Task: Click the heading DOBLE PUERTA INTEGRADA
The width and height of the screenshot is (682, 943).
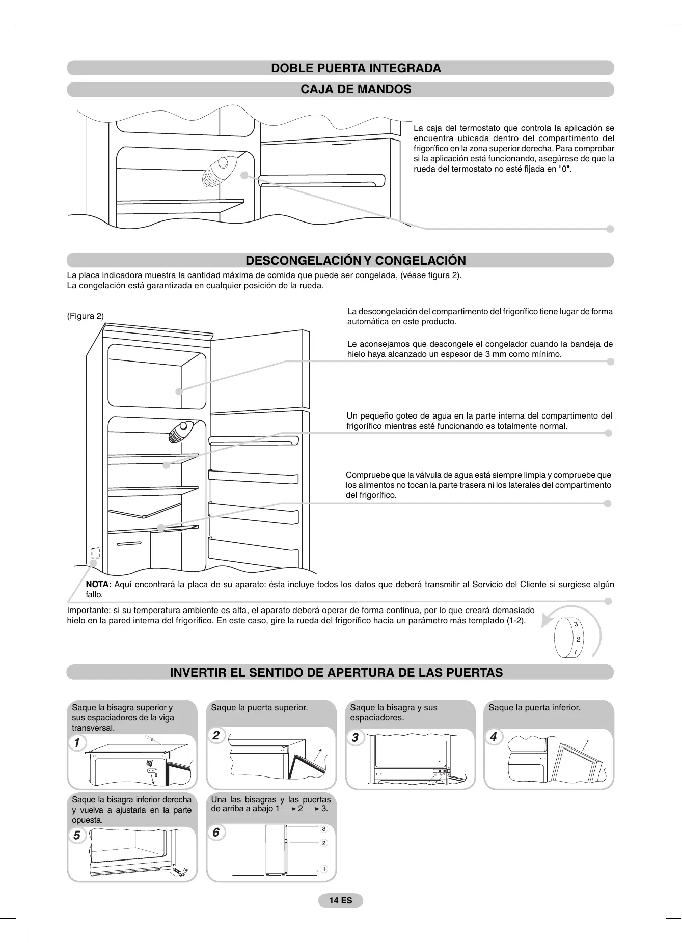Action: click(x=356, y=68)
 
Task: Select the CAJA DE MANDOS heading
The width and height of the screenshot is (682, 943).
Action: click(x=356, y=89)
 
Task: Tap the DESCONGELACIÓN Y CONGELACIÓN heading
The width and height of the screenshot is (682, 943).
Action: click(x=356, y=261)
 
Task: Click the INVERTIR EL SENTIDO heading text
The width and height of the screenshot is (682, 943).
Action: click(x=336, y=673)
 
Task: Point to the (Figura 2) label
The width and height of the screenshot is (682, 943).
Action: click(x=86, y=316)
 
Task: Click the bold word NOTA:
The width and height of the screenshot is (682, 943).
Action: click(x=98, y=584)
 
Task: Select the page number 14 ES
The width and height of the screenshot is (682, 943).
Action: click(x=340, y=900)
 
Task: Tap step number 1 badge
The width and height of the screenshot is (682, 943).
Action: click(x=77, y=743)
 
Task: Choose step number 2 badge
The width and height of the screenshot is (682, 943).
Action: click(x=216, y=735)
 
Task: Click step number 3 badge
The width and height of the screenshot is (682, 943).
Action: click(x=355, y=737)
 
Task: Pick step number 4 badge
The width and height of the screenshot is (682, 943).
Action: click(x=493, y=737)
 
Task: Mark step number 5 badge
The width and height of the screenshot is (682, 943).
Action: click(x=77, y=835)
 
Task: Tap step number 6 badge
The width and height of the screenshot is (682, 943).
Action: click(x=216, y=832)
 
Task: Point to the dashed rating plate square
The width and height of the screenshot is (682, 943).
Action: click(x=95, y=552)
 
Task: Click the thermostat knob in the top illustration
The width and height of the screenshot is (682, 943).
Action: click(x=220, y=169)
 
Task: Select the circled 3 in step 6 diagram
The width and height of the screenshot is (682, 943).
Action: click(x=324, y=829)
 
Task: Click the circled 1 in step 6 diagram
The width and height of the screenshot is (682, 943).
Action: click(x=324, y=869)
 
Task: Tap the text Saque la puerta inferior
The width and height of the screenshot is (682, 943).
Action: click(x=534, y=707)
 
